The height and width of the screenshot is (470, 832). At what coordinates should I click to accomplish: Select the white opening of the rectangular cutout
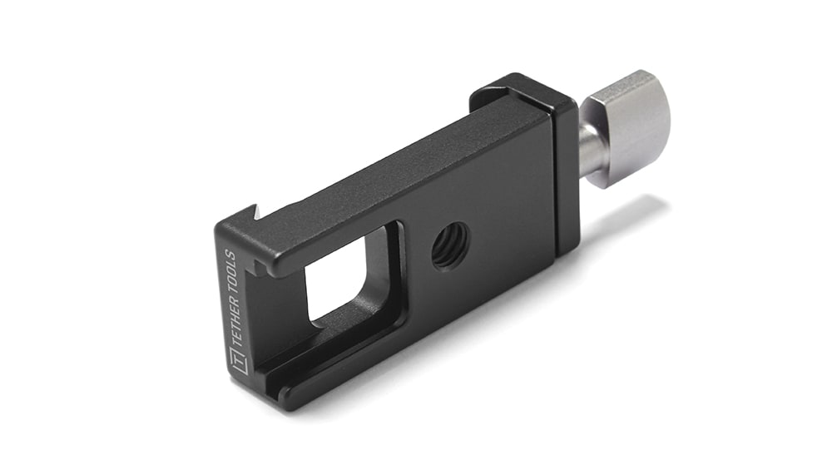tap(338, 276)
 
